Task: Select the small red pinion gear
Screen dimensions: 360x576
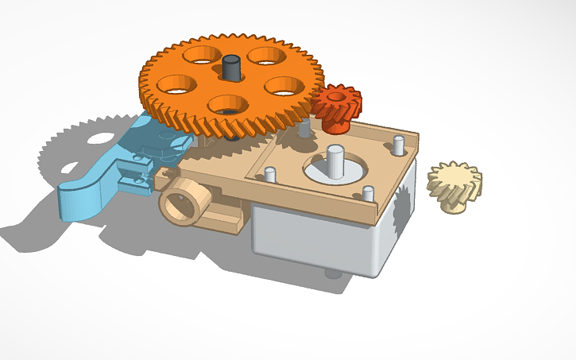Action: (x=337, y=107)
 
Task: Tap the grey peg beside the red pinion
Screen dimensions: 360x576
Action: (x=304, y=129)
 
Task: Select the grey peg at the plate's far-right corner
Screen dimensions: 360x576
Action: (x=397, y=145)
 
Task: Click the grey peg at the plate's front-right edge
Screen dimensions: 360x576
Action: (x=369, y=193)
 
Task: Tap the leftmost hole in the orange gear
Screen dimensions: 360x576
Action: (x=178, y=83)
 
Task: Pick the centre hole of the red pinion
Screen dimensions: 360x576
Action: (x=334, y=97)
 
